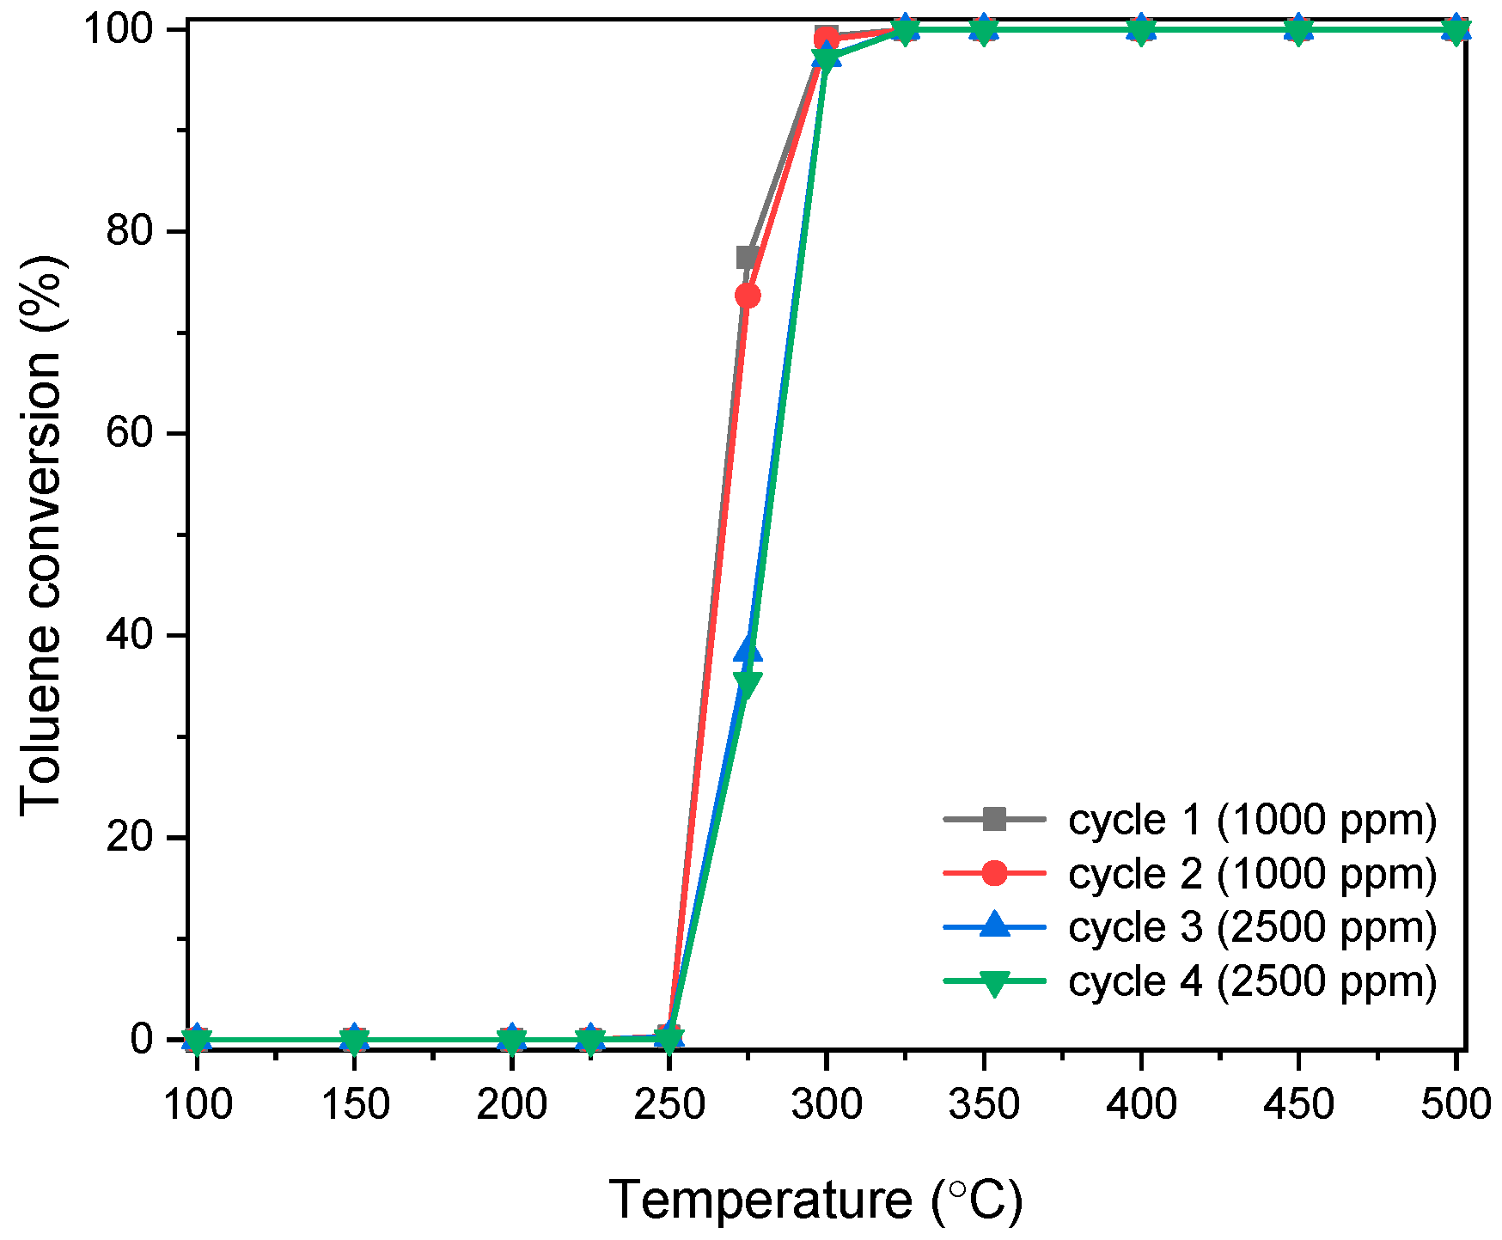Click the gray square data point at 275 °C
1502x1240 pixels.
click(x=746, y=257)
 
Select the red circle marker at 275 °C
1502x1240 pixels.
click(x=748, y=296)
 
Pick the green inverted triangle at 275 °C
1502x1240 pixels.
click(x=748, y=684)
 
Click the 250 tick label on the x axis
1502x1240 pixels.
click(x=669, y=1104)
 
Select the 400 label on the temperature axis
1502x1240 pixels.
click(x=1140, y=1104)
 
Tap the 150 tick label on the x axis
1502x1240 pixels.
click(x=354, y=1104)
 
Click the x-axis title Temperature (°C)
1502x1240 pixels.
click(x=815, y=1200)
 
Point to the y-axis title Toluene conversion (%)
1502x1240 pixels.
click(x=41, y=535)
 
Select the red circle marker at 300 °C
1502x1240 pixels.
click(x=826, y=38)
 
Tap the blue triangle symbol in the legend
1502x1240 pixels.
click(x=994, y=925)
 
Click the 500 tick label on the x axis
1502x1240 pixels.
click(x=1455, y=1104)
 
